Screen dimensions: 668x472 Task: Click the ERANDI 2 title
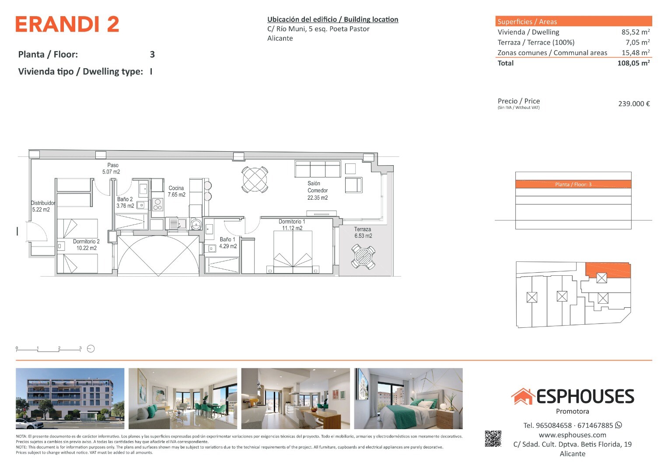coord(67,24)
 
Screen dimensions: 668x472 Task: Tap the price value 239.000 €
coord(634,104)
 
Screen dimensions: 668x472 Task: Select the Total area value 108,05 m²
coord(634,63)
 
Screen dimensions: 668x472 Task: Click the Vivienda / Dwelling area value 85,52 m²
coord(636,32)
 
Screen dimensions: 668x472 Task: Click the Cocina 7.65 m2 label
coord(177,191)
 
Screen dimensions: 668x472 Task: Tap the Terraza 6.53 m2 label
coord(363,233)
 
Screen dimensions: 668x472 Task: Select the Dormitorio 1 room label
coord(292,222)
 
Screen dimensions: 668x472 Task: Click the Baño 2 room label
coord(125,199)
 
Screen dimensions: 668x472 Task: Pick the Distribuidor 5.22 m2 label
coord(43,206)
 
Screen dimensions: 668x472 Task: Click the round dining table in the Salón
coord(255,180)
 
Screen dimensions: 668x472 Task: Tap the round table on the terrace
coord(363,257)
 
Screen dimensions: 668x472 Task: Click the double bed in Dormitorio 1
coord(293,252)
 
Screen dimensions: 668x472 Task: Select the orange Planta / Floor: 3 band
coord(573,184)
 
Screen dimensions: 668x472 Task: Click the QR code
coord(493,439)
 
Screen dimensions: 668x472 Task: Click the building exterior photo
coord(70,399)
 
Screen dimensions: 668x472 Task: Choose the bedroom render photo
coord(408,399)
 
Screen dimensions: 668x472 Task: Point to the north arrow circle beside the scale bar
coord(91,349)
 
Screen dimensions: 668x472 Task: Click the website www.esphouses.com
coord(573,435)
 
